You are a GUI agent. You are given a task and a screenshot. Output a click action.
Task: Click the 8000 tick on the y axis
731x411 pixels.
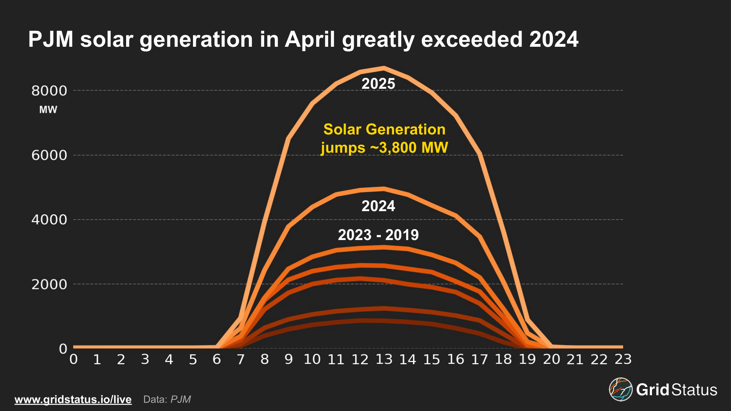(x=49, y=91)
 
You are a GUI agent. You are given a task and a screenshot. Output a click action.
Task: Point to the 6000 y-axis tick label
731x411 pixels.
(x=49, y=155)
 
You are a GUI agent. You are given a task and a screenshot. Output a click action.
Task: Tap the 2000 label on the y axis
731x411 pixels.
(x=49, y=284)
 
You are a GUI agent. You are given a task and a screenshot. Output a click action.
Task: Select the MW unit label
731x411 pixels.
(x=48, y=110)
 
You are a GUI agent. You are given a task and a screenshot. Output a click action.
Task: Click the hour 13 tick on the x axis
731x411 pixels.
(x=384, y=359)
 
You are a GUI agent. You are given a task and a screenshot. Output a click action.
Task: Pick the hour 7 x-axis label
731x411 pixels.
(x=240, y=359)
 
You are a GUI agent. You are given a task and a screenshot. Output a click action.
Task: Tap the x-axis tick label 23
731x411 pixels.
(x=623, y=359)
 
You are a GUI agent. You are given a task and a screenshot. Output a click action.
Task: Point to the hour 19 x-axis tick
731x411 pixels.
(x=527, y=359)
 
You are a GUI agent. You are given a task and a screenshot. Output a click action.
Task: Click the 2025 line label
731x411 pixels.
(x=378, y=84)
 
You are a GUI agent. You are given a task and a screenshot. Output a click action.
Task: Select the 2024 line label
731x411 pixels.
(x=378, y=206)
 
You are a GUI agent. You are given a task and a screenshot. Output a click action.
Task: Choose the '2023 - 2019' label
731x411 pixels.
(x=378, y=235)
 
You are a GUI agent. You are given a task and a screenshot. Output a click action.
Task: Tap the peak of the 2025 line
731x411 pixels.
(x=384, y=68)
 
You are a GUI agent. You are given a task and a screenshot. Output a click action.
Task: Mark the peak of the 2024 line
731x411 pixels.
(x=384, y=189)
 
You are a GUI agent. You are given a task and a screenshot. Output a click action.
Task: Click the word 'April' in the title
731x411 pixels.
(x=310, y=39)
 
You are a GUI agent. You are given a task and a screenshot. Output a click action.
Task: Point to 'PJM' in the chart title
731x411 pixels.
(x=51, y=39)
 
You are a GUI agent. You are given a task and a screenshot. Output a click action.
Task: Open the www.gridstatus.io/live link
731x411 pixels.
(x=73, y=399)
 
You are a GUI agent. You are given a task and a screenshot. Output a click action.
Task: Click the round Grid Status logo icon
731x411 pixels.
(x=621, y=389)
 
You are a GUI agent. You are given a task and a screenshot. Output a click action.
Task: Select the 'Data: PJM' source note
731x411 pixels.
(x=167, y=399)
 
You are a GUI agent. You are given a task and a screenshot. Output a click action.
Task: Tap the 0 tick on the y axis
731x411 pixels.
(x=63, y=349)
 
